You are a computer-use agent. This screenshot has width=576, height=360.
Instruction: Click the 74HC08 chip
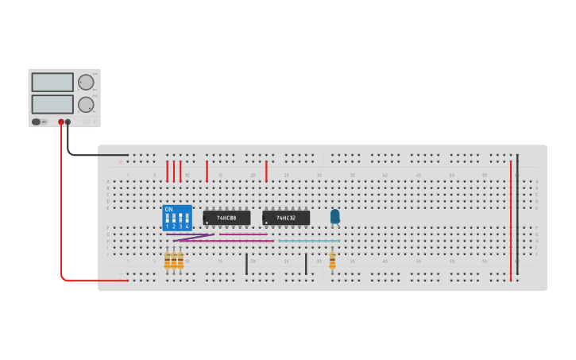pos(227,217)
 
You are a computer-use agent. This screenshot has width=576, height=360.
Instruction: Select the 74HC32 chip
pos(286,217)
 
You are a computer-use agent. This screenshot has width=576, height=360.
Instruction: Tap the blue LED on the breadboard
pos(334,215)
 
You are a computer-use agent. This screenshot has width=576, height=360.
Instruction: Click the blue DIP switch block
pos(177,218)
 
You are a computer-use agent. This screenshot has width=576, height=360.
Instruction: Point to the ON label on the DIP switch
pos(168,209)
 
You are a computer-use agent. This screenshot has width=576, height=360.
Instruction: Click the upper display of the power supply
pos(52,82)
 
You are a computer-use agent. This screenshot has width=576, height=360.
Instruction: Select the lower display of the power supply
pos(52,104)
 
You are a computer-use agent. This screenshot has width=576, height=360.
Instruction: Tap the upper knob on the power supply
pos(85,82)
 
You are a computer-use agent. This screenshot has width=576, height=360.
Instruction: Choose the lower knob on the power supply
pos(85,104)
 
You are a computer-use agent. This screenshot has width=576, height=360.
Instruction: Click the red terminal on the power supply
pos(60,122)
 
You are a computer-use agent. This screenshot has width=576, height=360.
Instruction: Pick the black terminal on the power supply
pos(68,122)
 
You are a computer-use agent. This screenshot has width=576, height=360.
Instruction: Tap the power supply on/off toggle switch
pos(37,122)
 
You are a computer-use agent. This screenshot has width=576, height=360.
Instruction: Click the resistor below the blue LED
pos(332,261)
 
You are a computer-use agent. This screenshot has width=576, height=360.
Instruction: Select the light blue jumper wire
pos(309,241)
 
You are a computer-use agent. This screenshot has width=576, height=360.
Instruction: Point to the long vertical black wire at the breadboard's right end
pos(518,215)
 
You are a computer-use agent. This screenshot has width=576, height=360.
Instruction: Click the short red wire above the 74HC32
pos(266,172)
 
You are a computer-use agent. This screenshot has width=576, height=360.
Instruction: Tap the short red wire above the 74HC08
pos(207,171)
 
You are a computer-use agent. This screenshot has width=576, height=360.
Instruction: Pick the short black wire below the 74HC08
pos(246,265)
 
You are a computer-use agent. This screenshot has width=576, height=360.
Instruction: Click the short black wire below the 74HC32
pos(306,265)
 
